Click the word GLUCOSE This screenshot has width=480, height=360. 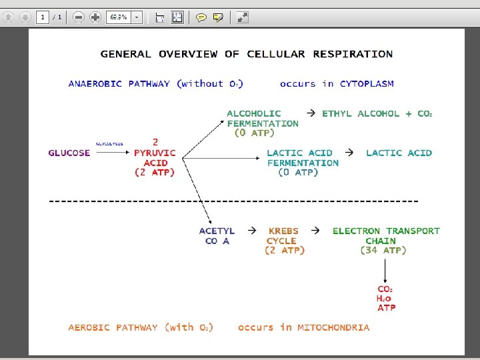click(x=69, y=153)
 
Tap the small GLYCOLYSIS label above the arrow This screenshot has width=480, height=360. click(x=109, y=143)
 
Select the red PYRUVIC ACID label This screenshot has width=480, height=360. click(x=155, y=157)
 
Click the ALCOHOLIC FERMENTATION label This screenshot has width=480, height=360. click(x=263, y=118)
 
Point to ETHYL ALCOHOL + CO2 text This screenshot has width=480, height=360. click(x=377, y=113)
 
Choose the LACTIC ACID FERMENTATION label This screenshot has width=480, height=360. click(x=303, y=157)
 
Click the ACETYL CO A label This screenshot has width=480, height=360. click(x=217, y=236)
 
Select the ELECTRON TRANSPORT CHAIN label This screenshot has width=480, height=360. click(x=386, y=235)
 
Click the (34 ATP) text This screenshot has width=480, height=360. click(x=383, y=251)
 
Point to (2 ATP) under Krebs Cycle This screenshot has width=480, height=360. click(x=285, y=251)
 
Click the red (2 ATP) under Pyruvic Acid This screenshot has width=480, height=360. click(x=155, y=173)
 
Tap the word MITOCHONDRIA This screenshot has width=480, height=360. click(x=333, y=327)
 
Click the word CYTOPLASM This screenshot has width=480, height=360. click(x=367, y=84)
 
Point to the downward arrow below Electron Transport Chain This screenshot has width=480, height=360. click(x=385, y=270)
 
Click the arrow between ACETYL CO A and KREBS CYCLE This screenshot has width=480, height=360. click(x=252, y=230)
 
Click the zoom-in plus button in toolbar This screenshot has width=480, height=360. click(x=95, y=17)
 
